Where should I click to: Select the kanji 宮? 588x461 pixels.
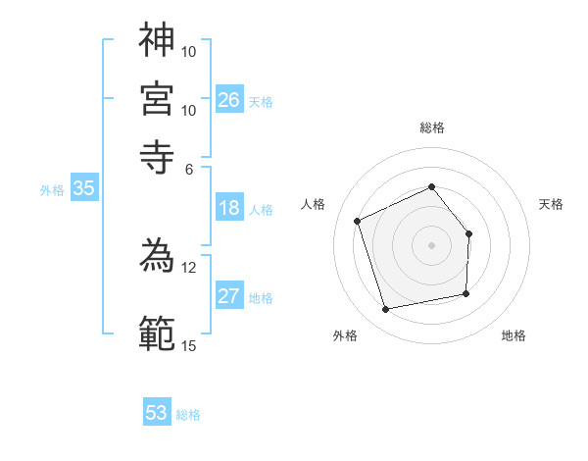tap(157, 98)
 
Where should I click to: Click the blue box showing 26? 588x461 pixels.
tap(229, 100)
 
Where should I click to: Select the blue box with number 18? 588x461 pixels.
tap(229, 208)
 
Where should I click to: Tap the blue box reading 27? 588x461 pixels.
tap(229, 296)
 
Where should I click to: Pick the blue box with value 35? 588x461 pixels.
tap(83, 189)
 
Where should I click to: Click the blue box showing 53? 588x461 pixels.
tap(157, 413)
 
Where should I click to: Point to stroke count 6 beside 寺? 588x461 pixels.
tap(189, 168)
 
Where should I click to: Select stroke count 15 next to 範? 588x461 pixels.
tap(188, 345)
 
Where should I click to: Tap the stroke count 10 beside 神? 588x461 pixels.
tap(188, 50)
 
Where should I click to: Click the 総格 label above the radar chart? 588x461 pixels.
tap(432, 128)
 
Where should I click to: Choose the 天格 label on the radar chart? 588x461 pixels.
tap(551, 204)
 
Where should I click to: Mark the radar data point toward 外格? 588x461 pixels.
tap(386, 310)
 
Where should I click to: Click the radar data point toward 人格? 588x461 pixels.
tap(358, 221)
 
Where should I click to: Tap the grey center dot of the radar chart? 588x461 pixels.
tap(432, 244)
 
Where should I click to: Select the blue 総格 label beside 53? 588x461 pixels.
tap(188, 415)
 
